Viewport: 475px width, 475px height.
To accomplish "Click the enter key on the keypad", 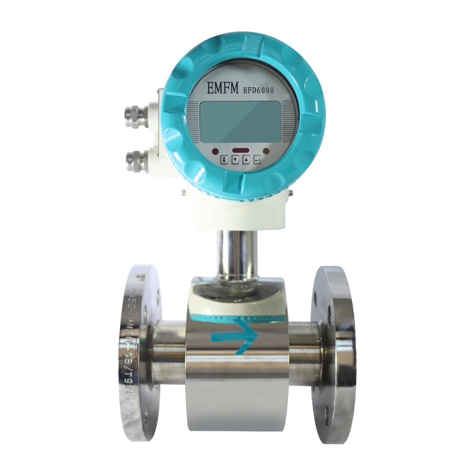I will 257,160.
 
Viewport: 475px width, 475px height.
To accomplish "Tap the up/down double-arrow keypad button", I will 224,160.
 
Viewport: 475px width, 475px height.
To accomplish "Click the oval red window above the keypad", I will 240,150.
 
